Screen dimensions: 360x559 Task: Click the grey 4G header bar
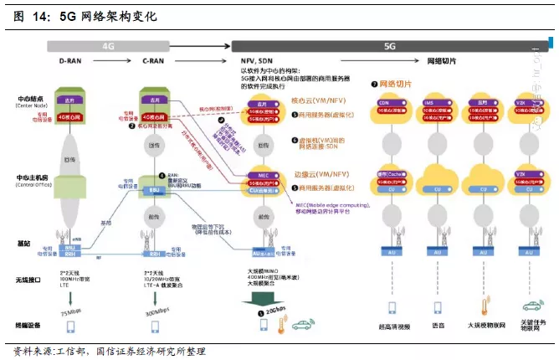109,47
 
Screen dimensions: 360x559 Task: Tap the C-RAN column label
153,62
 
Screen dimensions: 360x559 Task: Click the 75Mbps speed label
71,311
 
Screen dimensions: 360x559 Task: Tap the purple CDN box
384,102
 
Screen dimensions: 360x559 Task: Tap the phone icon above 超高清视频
385,306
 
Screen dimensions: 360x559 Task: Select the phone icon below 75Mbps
70,328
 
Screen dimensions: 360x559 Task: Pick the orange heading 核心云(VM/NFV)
311,99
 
